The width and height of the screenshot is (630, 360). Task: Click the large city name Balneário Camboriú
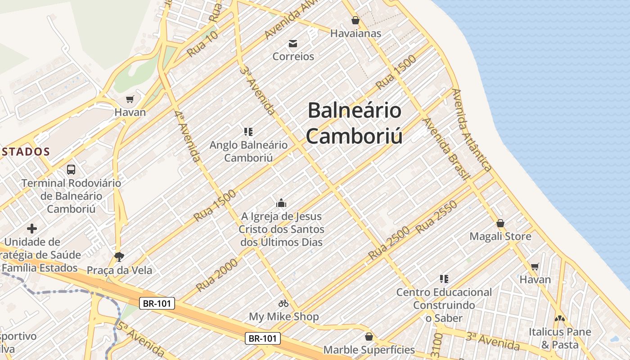point(354,123)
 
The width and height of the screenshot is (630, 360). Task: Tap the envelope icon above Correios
point(293,44)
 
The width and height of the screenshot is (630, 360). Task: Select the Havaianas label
point(355,33)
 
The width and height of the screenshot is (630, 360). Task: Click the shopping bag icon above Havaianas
point(355,20)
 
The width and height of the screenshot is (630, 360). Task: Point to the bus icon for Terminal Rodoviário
point(71,170)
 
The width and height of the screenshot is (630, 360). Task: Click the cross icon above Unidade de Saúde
point(32,229)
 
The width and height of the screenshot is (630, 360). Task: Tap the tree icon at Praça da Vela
point(119,257)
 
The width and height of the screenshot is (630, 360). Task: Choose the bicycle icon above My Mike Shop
point(283,303)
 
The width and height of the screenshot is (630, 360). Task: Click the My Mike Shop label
point(284,316)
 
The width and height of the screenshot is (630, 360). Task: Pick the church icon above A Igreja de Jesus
point(281,203)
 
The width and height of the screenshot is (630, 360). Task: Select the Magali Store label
point(500,236)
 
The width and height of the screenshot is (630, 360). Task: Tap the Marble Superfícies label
point(369,350)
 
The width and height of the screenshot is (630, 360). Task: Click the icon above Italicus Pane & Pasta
point(559,319)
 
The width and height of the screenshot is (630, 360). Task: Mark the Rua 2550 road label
point(436,217)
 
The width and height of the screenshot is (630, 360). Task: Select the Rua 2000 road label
point(217,274)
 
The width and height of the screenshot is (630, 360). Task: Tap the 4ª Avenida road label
point(188,137)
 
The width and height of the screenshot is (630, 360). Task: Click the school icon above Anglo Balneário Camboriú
point(248,132)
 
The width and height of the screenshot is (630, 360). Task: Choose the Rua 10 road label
point(202,44)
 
